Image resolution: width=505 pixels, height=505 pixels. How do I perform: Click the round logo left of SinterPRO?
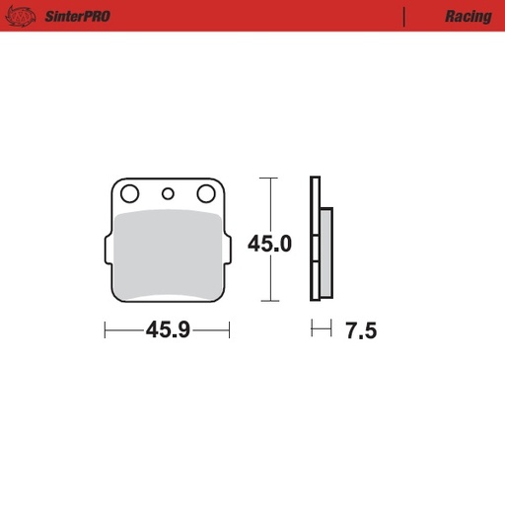(x=27, y=16)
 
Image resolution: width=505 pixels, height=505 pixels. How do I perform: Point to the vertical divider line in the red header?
(x=404, y=16)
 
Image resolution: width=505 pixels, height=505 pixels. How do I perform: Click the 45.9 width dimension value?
(x=167, y=331)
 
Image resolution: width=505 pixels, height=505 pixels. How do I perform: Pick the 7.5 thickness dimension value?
(x=361, y=331)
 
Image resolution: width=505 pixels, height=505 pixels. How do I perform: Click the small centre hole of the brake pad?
(x=168, y=193)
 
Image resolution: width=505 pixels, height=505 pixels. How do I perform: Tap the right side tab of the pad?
(x=227, y=250)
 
